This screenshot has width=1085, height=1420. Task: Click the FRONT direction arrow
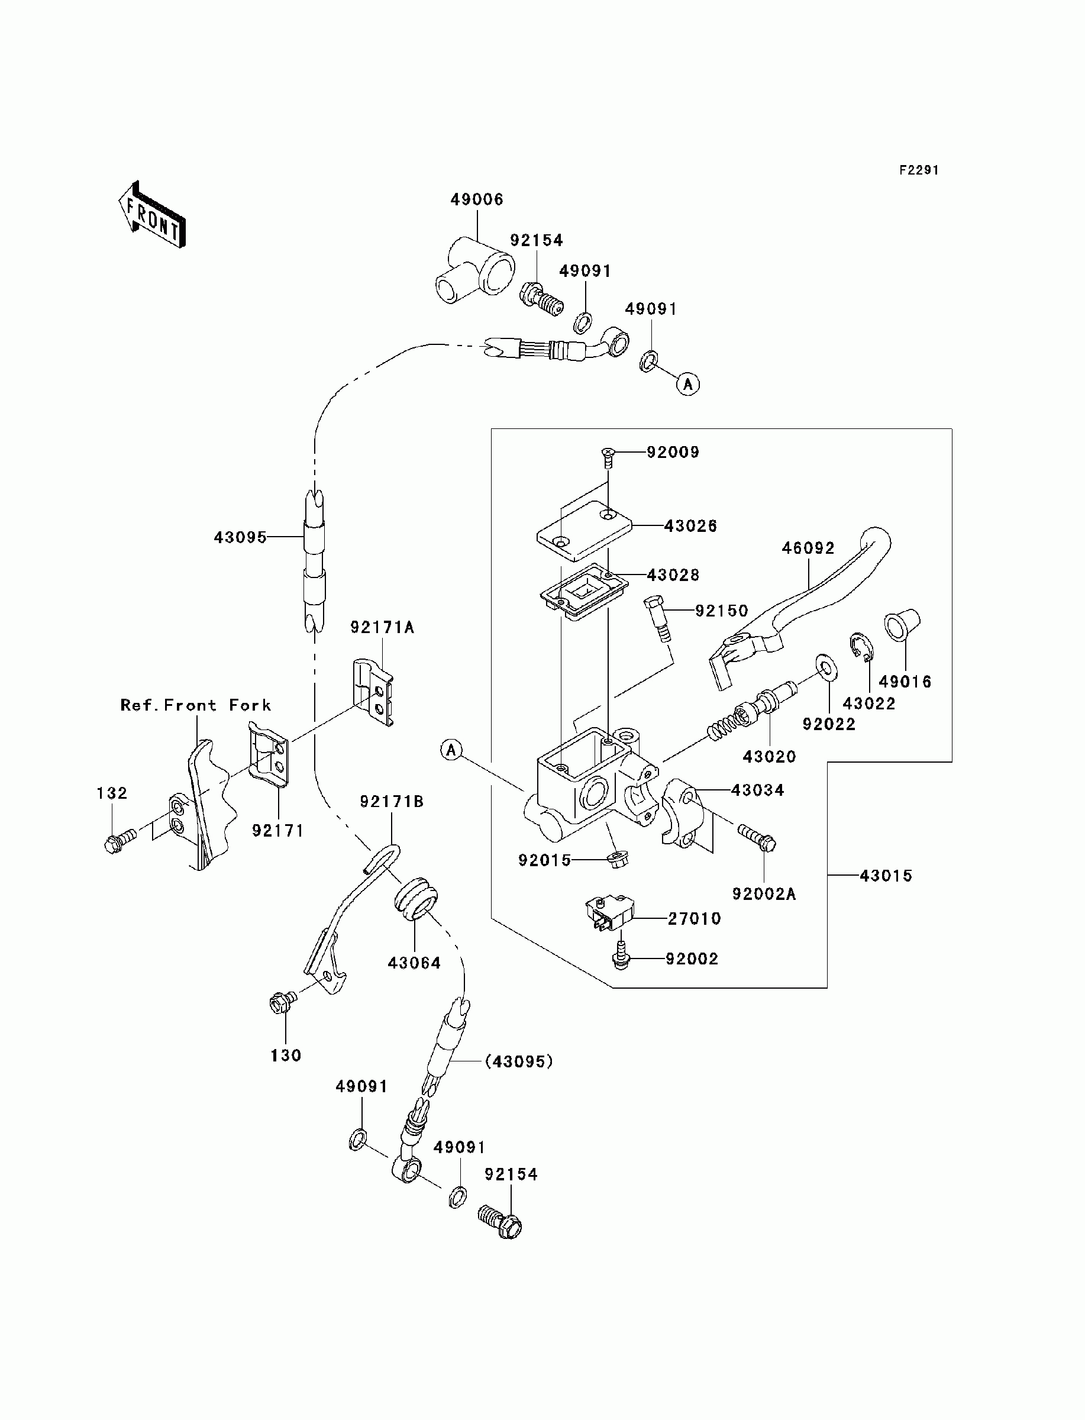coord(152,214)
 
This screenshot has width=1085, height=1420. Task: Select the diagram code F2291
coord(919,170)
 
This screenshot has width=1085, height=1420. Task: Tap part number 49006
coord(477,199)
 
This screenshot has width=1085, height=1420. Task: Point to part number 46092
coord(808,548)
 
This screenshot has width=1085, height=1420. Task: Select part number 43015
coord(886,876)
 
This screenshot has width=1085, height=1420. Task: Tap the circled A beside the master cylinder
coord(451,750)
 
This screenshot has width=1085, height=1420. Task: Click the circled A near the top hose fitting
coord(688,384)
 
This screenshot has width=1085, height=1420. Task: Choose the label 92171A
coord(382,627)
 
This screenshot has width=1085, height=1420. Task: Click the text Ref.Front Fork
coord(196,705)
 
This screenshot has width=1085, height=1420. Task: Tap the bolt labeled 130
coord(283,1002)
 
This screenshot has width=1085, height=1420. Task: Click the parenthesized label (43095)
coord(519,1061)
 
